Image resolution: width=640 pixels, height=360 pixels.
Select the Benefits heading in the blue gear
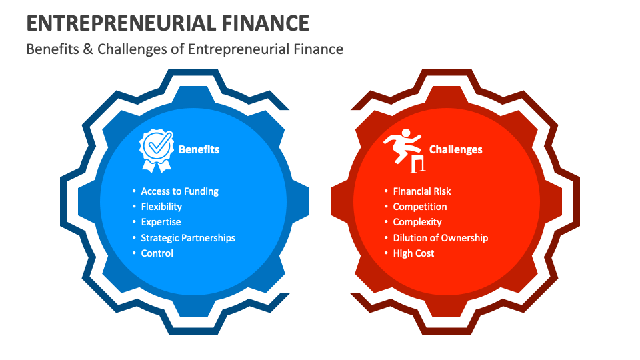[x=199, y=149]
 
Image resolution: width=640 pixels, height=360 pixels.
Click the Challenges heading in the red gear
[x=455, y=149]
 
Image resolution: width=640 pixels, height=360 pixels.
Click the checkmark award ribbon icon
[x=156, y=149]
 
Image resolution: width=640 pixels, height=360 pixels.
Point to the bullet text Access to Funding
[x=179, y=191]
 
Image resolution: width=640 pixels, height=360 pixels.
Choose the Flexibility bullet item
[x=161, y=207]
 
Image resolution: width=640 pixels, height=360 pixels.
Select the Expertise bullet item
[x=161, y=222]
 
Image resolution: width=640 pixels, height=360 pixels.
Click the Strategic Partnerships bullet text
[x=188, y=238]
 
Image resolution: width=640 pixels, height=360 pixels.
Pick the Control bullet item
[x=157, y=253]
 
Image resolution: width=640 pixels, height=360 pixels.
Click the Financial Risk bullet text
[x=422, y=191]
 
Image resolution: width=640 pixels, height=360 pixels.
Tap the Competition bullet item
[x=420, y=207]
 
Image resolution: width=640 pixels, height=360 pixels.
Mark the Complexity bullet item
[x=417, y=222]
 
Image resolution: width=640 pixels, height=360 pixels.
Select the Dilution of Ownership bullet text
[x=441, y=238]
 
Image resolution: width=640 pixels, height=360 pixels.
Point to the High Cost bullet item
[x=413, y=253]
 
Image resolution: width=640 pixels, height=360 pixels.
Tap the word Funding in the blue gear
[x=201, y=191]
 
